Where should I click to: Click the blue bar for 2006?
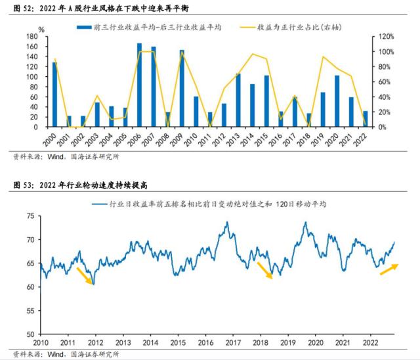click(139, 85)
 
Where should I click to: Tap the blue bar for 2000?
click(55, 95)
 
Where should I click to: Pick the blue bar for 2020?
click(337, 101)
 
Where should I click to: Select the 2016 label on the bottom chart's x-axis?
click(206, 343)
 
